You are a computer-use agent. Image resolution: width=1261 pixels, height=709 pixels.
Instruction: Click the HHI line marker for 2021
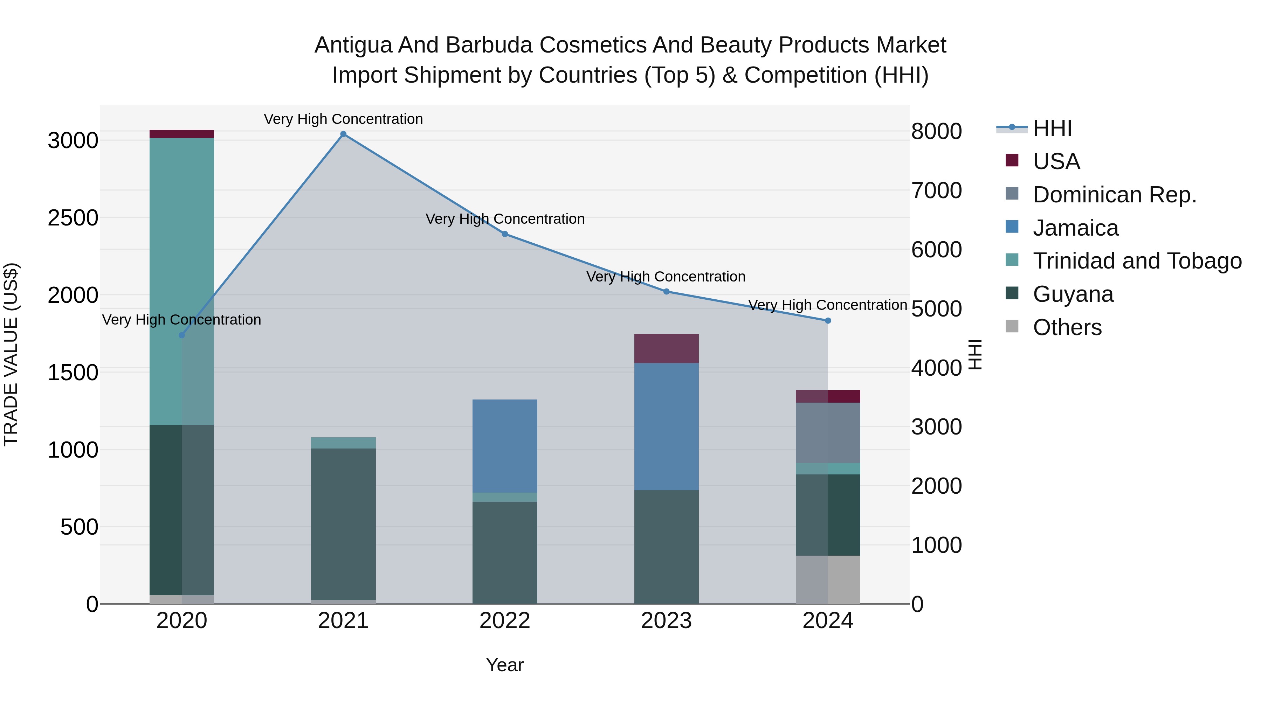pos(343,134)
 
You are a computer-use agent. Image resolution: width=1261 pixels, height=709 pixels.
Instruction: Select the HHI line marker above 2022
pos(505,234)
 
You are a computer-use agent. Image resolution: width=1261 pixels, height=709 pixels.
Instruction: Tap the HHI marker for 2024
pos(828,320)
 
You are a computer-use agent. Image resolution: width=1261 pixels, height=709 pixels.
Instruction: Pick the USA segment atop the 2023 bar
pos(666,348)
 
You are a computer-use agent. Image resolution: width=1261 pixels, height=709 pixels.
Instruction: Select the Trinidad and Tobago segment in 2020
pos(181,281)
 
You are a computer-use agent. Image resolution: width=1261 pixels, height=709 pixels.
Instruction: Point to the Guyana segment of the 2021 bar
pos(343,523)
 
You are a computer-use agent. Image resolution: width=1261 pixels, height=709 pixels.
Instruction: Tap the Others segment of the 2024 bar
pos(828,579)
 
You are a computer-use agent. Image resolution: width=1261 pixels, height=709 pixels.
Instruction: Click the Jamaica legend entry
pos(1075,228)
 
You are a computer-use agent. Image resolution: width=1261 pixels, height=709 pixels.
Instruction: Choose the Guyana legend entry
pos(1073,294)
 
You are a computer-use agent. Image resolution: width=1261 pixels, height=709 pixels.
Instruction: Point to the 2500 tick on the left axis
pos(73,218)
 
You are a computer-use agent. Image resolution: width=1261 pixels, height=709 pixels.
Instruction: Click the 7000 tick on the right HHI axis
pos(936,190)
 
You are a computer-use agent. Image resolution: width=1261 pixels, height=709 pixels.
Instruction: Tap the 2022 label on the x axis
pos(505,621)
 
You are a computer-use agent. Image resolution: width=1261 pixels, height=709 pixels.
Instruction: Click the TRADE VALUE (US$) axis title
pos(11,354)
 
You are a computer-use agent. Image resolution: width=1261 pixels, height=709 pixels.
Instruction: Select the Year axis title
pos(505,665)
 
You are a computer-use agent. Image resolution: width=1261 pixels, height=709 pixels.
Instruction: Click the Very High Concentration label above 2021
pos(343,119)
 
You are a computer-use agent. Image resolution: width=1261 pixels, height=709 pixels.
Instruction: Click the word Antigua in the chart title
pos(352,45)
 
